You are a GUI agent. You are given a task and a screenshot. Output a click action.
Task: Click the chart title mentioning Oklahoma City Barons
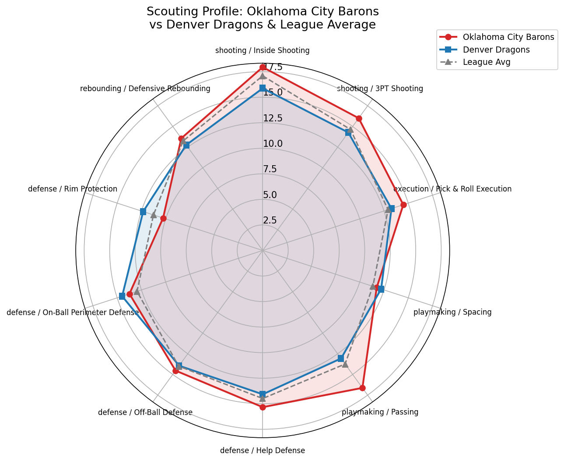click(263, 18)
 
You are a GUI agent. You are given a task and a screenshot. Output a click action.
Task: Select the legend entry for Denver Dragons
click(496, 50)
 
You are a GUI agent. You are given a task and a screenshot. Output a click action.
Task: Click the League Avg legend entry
click(486, 62)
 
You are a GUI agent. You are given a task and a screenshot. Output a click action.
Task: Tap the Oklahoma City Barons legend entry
click(508, 37)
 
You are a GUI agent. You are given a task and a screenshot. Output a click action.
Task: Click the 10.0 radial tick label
click(273, 144)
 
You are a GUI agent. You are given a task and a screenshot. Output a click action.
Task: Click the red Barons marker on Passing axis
click(362, 388)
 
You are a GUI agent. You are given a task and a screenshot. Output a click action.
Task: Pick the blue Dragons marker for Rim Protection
click(143, 212)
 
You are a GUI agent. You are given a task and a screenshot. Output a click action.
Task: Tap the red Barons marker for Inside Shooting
click(263, 67)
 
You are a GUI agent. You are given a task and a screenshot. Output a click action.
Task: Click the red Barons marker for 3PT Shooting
click(359, 118)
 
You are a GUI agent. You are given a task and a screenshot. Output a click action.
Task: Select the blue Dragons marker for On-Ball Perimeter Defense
click(122, 296)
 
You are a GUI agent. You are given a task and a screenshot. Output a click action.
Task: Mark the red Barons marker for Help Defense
click(263, 407)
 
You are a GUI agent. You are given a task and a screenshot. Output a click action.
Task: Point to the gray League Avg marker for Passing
click(345, 364)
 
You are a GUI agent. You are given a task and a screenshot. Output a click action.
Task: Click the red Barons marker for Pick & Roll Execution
click(403, 205)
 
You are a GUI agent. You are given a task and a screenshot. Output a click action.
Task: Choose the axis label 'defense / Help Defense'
click(263, 450)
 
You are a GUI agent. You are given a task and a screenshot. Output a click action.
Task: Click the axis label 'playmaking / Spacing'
click(452, 312)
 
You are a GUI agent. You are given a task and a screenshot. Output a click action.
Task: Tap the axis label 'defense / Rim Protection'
click(73, 189)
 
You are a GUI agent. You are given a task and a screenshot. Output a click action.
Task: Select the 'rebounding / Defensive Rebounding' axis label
click(145, 89)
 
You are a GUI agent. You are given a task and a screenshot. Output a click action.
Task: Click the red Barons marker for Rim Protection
click(163, 218)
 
